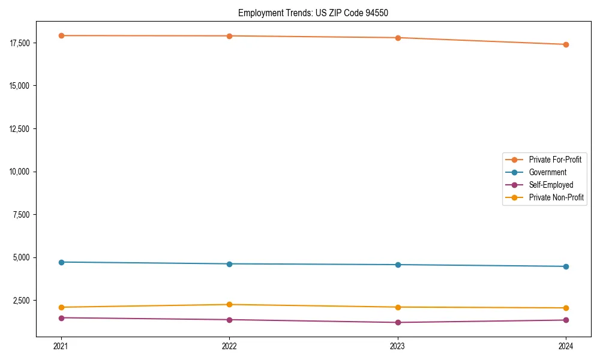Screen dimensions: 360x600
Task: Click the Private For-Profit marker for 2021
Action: (61, 35)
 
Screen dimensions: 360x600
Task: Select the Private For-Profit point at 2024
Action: (566, 44)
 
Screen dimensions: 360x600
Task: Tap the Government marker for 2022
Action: (229, 264)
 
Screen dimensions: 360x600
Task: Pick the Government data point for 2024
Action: (566, 266)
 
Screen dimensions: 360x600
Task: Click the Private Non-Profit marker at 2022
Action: (229, 305)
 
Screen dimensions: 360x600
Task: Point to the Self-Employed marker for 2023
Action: (398, 323)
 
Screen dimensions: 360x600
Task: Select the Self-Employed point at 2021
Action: (61, 318)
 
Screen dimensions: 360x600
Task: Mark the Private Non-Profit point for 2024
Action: (566, 308)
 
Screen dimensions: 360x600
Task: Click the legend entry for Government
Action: (547, 172)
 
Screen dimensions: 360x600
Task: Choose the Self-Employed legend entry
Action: (551, 185)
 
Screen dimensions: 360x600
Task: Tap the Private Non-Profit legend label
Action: (556, 197)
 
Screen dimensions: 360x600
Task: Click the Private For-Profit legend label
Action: (555, 160)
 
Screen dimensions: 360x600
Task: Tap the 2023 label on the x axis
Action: (398, 346)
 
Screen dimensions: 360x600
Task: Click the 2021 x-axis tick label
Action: (61, 346)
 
